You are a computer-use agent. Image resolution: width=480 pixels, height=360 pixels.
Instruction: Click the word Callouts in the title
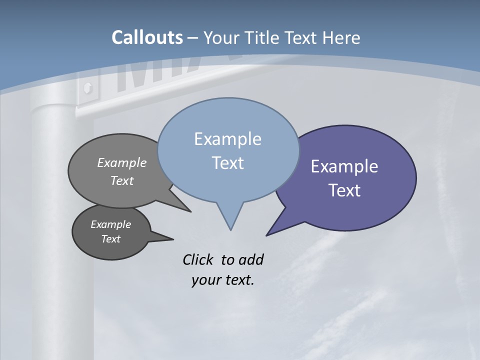coord(147,37)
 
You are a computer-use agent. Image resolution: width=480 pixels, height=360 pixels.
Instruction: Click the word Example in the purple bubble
coord(344,166)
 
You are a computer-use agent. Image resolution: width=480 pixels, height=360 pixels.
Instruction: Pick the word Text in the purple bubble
coord(344,190)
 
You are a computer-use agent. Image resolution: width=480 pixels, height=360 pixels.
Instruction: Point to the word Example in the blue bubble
coord(227,139)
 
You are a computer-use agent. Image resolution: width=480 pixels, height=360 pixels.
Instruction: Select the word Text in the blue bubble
coord(227,163)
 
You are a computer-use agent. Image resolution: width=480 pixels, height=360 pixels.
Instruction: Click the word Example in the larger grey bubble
coord(122,162)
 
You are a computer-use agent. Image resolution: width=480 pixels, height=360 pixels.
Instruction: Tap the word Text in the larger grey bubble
coord(122,180)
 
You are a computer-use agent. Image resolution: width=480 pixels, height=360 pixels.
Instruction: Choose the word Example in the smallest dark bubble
coord(110,224)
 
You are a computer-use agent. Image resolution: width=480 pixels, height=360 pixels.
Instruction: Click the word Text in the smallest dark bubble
coord(110,239)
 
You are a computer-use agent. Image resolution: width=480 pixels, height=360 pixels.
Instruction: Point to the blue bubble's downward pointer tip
coord(230,230)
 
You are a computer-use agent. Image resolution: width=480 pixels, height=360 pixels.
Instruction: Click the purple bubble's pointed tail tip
coord(266,235)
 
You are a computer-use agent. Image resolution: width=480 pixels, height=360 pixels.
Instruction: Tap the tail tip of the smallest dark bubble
coord(173,238)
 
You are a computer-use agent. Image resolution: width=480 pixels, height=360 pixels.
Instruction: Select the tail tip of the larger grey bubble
coord(190,211)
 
